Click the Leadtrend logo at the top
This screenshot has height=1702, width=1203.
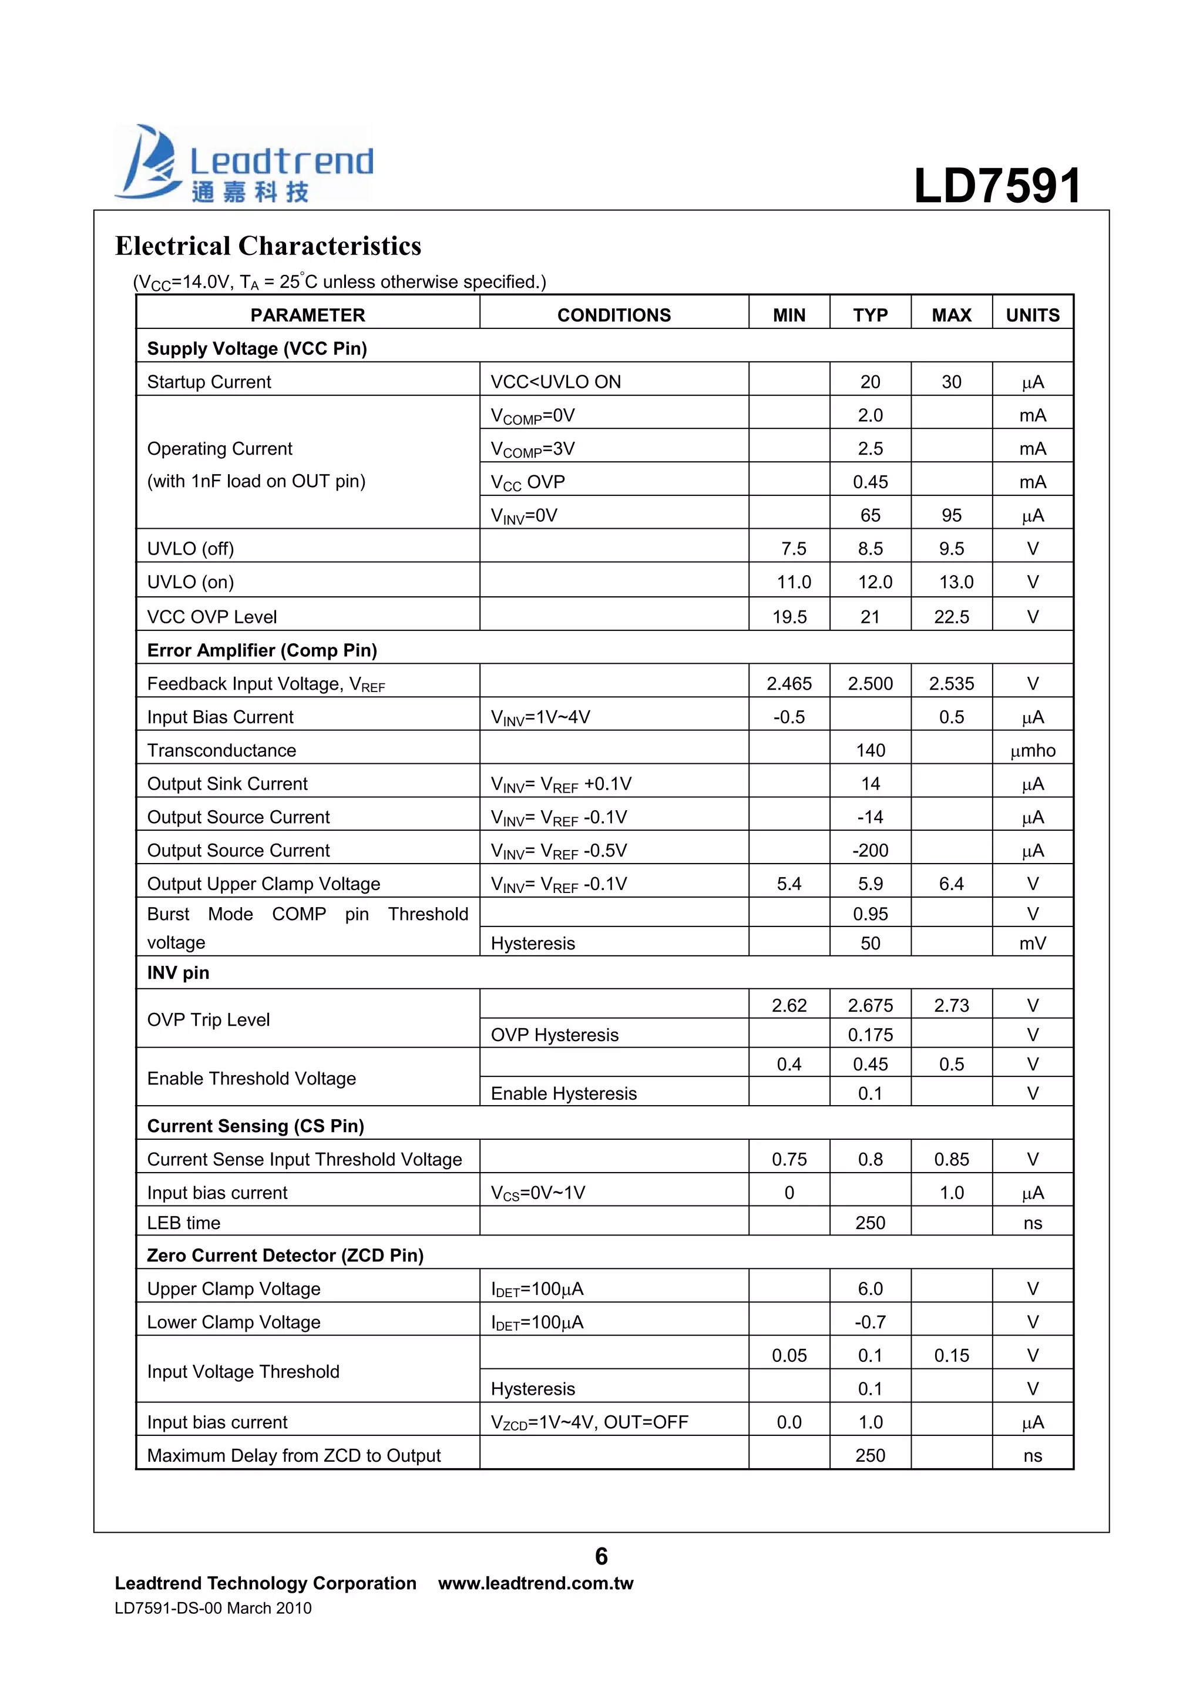coord(244,165)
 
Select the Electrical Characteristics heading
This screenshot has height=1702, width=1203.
coord(268,246)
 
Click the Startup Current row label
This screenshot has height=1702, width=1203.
coord(209,382)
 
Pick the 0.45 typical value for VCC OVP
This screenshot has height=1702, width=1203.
coord(869,482)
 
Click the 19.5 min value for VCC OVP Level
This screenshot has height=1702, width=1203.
coord(789,617)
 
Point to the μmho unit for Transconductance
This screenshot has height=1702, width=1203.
coord(1032,750)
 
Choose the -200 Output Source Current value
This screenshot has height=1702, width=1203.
coord(869,850)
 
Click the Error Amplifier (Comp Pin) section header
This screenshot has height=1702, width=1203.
coord(261,650)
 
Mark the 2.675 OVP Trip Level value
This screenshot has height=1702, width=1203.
coord(869,1005)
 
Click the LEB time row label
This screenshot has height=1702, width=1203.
coord(184,1223)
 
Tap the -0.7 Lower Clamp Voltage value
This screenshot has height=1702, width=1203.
coord(869,1322)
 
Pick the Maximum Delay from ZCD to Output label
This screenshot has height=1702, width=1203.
coord(294,1455)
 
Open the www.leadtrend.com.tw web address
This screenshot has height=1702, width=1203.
coord(535,1583)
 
